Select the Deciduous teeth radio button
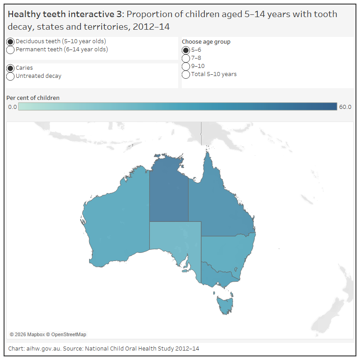click(10, 41)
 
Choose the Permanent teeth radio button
click(10, 50)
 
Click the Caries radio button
click(10, 68)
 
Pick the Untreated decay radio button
click(10, 76)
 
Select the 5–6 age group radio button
click(186, 50)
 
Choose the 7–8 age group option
click(186, 58)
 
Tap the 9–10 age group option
click(186, 66)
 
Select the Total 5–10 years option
click(186, 74)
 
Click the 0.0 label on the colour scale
click(12, 107)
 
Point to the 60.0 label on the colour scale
click(345, 107)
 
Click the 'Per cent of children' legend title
click(33, 98)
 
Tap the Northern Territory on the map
click(169, 193)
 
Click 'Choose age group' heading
click(206, 42)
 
